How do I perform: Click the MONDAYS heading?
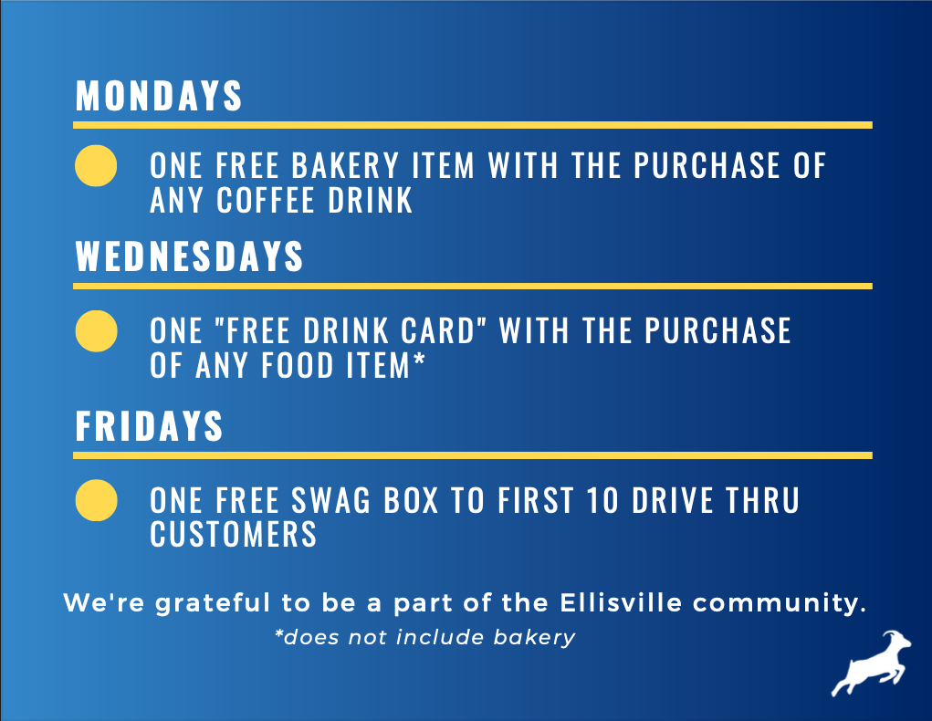click(159, 96)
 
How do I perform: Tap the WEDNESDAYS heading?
click(189, 257)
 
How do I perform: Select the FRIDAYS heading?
click(149, 426)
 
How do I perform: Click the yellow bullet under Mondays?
click(95, 166)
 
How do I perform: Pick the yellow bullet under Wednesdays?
click(95, 330)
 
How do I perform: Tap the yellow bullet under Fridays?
click(95, 500)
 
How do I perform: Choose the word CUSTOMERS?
click(234, 534)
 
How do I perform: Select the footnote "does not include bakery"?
click(425, 637)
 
